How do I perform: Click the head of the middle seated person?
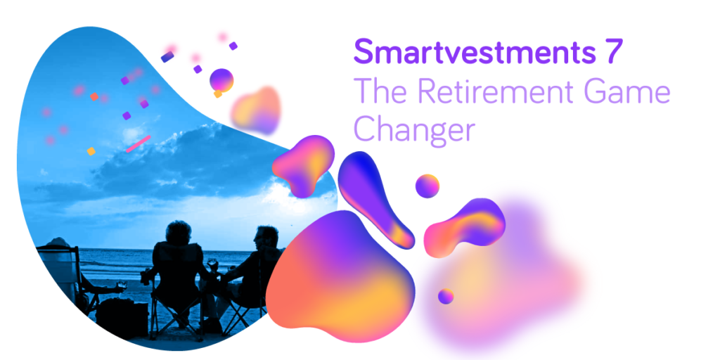(178, 233)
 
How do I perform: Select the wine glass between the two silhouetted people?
(212, 265)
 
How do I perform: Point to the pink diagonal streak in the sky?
(139, 143)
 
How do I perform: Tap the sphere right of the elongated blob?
(427, 186)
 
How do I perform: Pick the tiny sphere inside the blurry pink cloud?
(446, 296)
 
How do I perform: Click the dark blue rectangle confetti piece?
(167, 57)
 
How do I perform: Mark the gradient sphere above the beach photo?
(221, 80)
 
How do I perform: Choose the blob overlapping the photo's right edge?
(304, 165)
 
